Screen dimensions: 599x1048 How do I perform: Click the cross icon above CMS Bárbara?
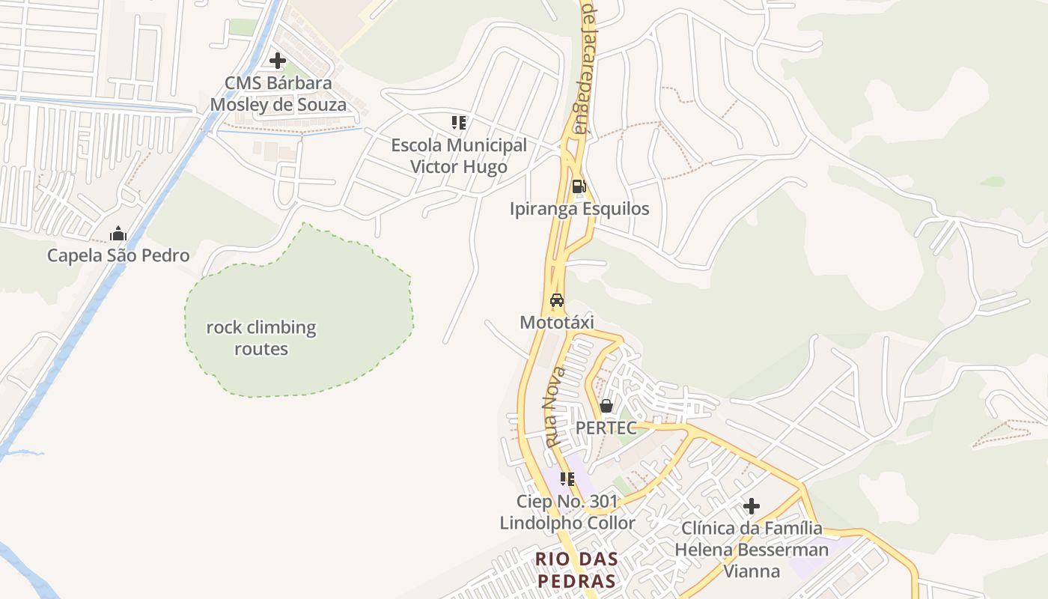[x=278, y=61]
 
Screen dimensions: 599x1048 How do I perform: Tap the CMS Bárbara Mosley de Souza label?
[x=278, y=94]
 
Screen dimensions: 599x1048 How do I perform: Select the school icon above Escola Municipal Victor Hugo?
[x=458, y=123]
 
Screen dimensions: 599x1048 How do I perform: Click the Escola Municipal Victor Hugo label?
[x=459, y=156]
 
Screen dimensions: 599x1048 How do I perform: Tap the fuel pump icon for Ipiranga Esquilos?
[x=579, y=186]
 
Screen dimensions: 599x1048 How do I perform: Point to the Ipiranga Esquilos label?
[x=579, y=209]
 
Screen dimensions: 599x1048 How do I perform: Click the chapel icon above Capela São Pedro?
[x=118, y=234]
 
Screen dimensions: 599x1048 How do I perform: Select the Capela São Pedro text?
[x=118, y=255]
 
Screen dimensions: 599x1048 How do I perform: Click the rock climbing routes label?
[x=261, y=338]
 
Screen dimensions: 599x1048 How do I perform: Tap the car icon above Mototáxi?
[x=557, y=301]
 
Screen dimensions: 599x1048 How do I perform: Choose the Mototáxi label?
[x=557, y=322]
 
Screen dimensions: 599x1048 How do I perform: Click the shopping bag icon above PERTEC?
[x=606, y=406]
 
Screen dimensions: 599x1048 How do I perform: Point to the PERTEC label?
[x=606, y=428]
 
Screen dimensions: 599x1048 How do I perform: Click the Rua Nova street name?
[x=555, y=408]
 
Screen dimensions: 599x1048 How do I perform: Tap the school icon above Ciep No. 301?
[x=567, y=478]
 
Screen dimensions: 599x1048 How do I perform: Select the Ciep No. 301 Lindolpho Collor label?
[x=567, y=512]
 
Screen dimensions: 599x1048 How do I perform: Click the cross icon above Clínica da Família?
[x=752, y=507]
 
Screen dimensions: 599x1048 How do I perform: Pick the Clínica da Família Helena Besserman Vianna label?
[x=752, y=550]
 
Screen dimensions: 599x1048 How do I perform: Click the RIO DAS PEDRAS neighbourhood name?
[x=576, y=570]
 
